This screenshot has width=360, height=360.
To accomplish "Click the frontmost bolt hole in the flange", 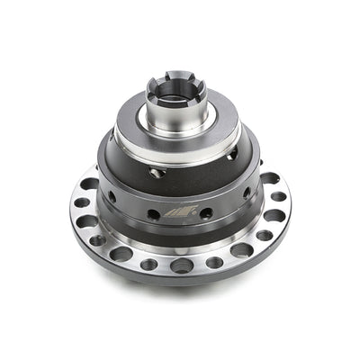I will [x=181, y=265].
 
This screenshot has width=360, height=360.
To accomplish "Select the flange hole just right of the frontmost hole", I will [x=214, y=262].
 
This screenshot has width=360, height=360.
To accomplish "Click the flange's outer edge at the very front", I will [x=180, y=279].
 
